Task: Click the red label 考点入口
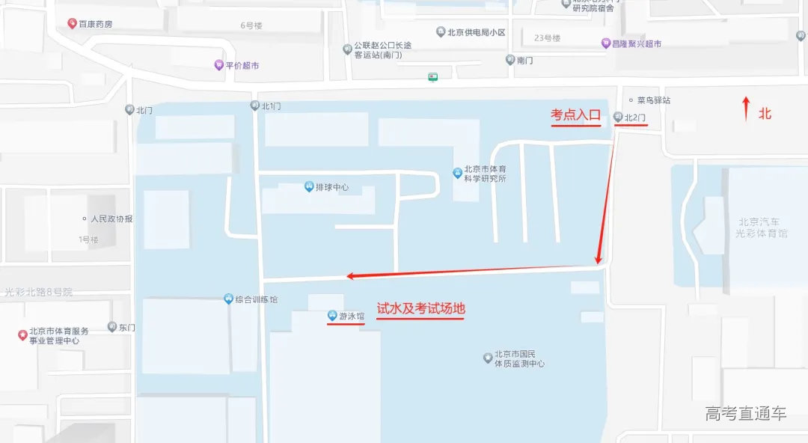(x=576, y=115)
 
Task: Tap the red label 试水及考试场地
(x=420, y=309)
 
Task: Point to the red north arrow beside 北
(x=745, y=109)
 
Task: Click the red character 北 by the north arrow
(x=765, y=114)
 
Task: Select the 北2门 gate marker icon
(x=617, y=117)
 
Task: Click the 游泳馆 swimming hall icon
(x=331, y=316)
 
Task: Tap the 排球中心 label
(x=332, y=187)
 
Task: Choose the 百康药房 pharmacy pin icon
(x=72, y=24)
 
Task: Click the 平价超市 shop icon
(x=218, y=65)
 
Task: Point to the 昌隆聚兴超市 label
(x=637, y=44)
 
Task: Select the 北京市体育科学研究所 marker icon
(x=457, y=174)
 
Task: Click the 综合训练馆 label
(x=257, y=299)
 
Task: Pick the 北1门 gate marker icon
(x=254, y=106)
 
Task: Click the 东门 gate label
(x=127, y=327)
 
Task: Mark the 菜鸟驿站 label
(x=653, y=100)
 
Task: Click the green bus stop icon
(x=432, y=76)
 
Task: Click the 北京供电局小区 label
(x=476, y=32)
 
